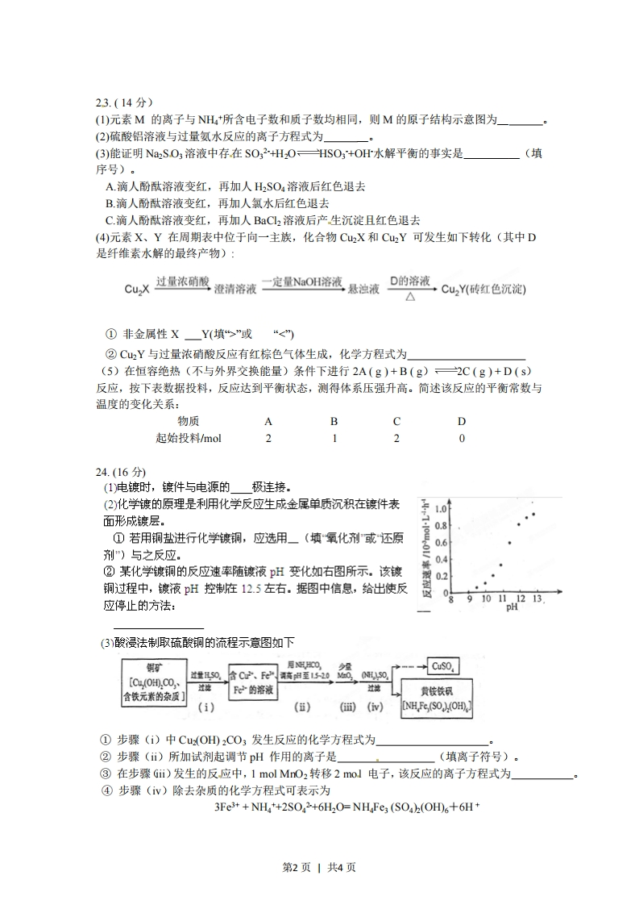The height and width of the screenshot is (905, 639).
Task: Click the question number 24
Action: [102, 472]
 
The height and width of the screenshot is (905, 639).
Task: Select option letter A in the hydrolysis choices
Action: [110, 186]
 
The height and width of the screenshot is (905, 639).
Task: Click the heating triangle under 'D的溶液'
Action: [409, 297]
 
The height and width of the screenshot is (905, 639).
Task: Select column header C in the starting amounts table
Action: [396, 421]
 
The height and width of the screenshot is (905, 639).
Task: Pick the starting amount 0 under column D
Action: [462, 438]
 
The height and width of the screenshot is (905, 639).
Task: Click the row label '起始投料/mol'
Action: [189, 438]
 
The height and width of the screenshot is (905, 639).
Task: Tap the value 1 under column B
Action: [334, 438]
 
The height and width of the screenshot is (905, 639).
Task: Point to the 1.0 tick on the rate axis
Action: [441, 510]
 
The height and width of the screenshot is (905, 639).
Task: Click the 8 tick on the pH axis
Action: [450, 600]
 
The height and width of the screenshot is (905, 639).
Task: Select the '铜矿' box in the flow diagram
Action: [153, 681]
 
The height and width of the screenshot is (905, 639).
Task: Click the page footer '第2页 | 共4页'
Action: [319, 867]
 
